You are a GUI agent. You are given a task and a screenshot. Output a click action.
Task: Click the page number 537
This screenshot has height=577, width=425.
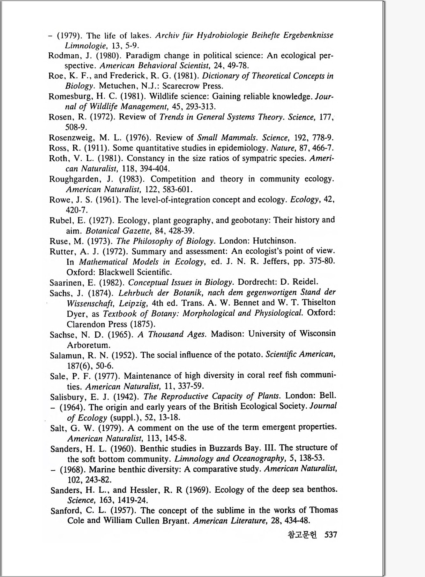331,535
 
